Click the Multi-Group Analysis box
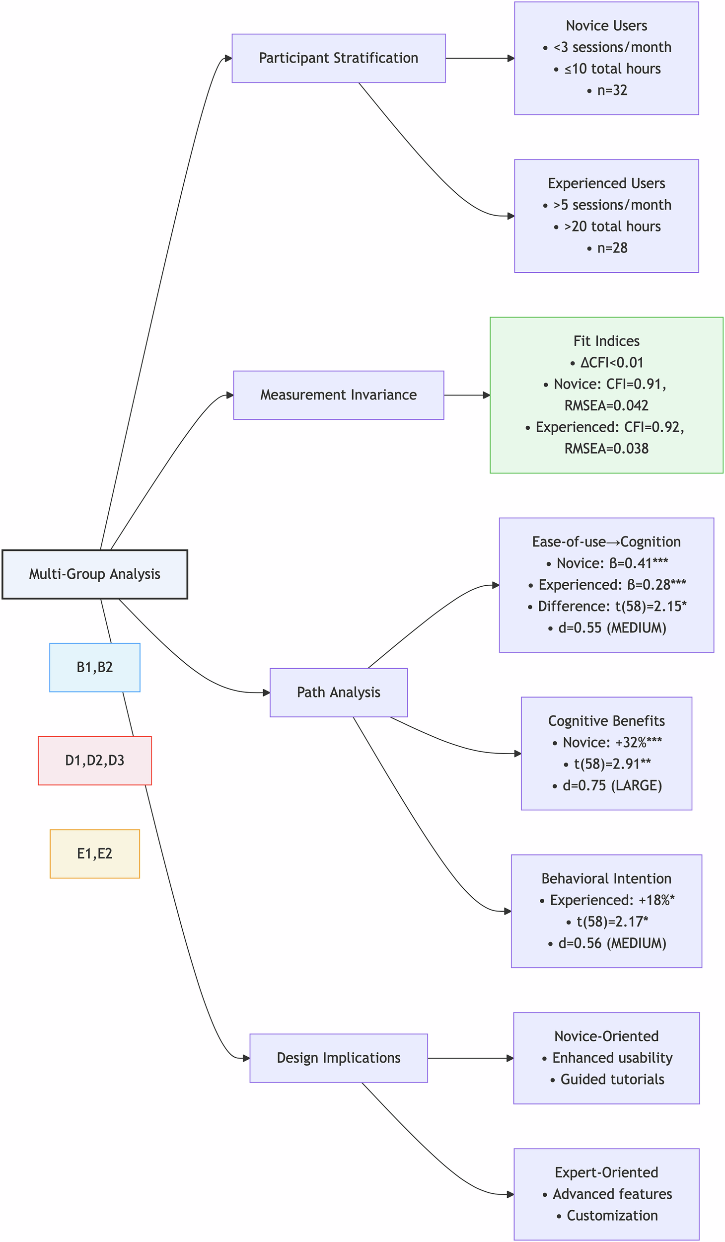(94, 574)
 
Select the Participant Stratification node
(338, 58)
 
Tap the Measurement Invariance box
(338, 395)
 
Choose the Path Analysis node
(338, 692)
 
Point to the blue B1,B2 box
(94, 667)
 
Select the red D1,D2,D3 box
(94, 760)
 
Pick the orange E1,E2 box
(94, 854)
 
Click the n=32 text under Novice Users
(612, 90)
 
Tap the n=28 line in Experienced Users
(612, 248)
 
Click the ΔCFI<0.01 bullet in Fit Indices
(612, 363)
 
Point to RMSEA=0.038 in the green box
(606, 449)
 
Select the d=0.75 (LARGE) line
(612, 785)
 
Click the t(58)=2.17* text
(612, 922)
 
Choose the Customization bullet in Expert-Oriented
(612, 1215)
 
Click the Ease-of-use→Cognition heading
(606, 542)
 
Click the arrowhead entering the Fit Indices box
(486, 395)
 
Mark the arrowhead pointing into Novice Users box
(510, 58)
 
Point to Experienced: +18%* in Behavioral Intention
(612, 900)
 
